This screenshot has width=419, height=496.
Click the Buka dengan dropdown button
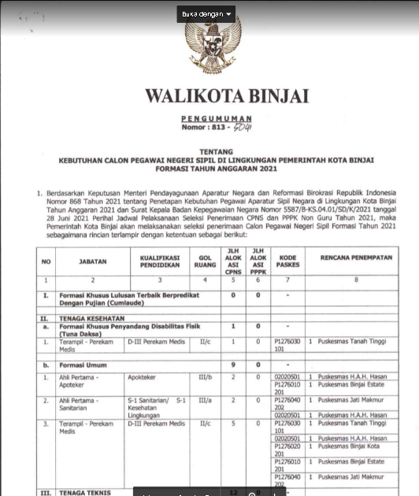[x=207, y=14]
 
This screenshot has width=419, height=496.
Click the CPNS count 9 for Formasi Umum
[x=233, y=365]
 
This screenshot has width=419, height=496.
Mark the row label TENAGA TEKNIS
[x=79, y=492]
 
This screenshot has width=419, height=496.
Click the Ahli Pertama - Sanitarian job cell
[x=82, y=404]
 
